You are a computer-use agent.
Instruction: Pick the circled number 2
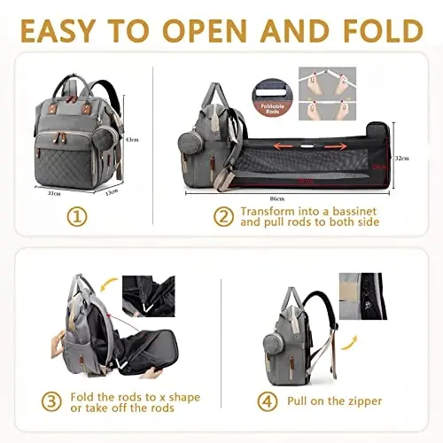222,215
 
